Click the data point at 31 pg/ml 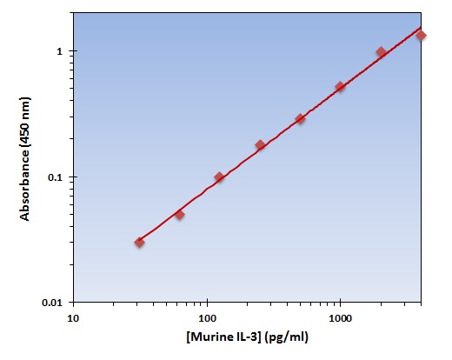(139, 242)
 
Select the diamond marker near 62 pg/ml (179, 214)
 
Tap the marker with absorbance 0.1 (219, 177)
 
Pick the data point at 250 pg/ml (260, 145)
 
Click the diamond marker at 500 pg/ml (300, 119)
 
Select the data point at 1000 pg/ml (340, 87)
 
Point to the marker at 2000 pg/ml (381, 52)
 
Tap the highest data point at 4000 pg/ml (421, 35)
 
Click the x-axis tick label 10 (73, 317)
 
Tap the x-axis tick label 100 (207, 317)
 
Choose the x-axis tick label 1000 (340, 317)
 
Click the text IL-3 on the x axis (248, 336)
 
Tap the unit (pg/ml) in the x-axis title (287, 336)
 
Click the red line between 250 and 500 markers (280, 132)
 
